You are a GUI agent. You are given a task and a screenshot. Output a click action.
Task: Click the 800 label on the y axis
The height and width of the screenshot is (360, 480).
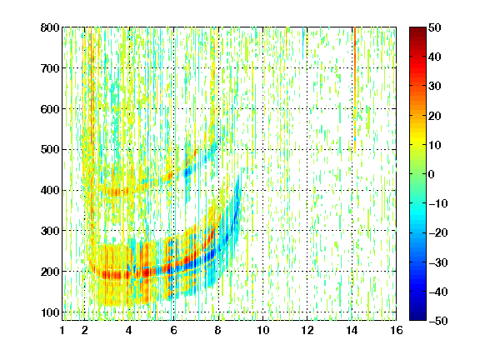(50, 27)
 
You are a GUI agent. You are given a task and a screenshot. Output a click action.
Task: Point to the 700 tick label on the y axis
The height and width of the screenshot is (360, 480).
(50, 68)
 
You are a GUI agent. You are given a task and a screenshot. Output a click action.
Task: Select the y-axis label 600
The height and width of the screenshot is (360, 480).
(50, 109)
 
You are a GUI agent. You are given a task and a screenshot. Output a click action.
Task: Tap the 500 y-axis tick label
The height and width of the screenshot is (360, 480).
(50, 150)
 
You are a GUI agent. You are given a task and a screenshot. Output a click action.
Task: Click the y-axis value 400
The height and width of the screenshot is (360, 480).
(50, 190)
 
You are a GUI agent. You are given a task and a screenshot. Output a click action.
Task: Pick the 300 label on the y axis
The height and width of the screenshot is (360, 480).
(50, 231)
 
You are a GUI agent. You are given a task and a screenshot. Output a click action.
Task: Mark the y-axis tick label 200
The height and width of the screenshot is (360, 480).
(50, 272)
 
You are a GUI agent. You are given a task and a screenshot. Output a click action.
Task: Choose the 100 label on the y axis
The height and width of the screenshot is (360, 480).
(50, 312)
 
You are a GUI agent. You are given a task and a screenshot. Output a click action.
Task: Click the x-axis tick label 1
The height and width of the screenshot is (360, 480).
(62, 330)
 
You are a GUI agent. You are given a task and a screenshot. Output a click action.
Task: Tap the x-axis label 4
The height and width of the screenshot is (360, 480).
(129, 330)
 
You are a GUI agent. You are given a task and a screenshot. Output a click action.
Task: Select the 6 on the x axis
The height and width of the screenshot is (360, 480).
(173, 330)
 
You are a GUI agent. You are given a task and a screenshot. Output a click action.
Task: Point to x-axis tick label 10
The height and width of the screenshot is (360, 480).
(262, 330)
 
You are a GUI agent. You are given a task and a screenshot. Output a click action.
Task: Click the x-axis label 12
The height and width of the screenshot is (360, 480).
(307, 330)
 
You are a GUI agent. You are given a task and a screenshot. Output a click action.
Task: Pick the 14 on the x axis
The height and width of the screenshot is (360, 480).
(352, 330)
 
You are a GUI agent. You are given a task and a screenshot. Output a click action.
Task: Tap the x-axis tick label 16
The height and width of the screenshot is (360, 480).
(397, 330)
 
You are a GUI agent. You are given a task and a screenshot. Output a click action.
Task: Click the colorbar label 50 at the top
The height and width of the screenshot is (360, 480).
(435, 27)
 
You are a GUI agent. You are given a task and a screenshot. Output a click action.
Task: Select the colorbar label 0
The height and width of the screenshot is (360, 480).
(432, 174)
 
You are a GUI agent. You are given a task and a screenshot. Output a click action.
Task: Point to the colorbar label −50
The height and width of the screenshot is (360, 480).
(438, 321)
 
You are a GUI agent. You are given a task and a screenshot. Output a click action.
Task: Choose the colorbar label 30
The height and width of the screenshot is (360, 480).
(435, 87)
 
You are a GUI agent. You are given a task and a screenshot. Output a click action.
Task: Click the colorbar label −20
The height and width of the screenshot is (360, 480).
(438, 233)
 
